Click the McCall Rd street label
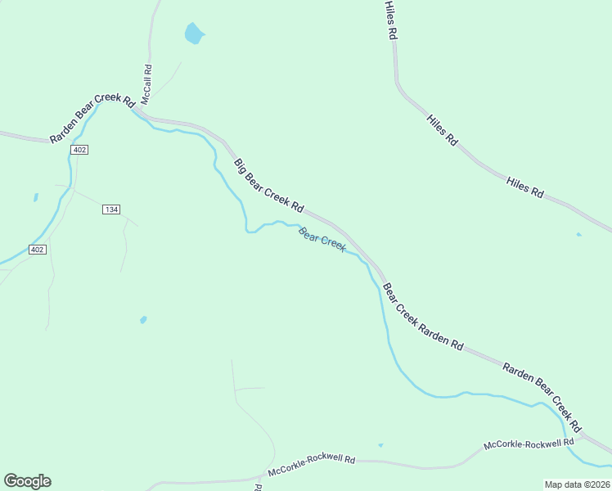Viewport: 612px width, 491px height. (x=147, y=84)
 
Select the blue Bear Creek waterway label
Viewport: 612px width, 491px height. (x=322, y=239)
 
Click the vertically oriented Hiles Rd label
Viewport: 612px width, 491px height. (x=391, y=20)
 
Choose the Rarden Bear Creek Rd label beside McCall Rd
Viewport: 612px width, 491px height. (x=91, y=119)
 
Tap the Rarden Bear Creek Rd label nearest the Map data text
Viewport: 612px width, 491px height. (x=542, y=397)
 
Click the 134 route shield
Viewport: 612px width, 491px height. (x=111, y=209)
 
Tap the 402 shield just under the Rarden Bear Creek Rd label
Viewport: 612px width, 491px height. (x=79, y=150)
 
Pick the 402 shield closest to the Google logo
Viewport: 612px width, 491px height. (x=36, y=249)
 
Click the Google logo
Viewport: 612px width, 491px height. (x=27, y=481)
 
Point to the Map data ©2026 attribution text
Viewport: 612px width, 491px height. (x=577, y=484)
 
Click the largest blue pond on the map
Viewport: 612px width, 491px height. (x=193, y=34)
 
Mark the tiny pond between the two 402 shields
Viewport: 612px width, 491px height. (x=36, y=197)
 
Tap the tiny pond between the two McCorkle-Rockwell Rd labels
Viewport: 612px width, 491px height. (x=380, y=445)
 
